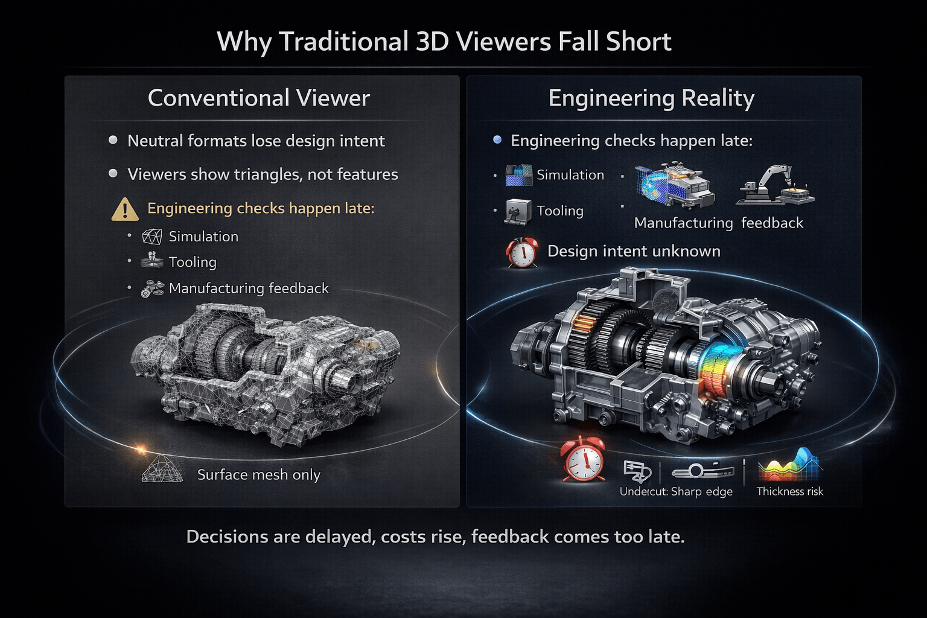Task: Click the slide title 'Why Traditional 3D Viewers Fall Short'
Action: [x=444, y=42]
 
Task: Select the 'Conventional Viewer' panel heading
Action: [x=259, y=98]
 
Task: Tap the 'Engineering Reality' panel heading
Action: [x=651, y=99]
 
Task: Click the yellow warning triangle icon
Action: [x=124, y=209]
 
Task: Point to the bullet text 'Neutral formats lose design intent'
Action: [x=256, y=141]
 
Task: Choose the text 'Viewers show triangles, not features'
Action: [x=263, y=174]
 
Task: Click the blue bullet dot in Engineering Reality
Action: [x=497, y=140]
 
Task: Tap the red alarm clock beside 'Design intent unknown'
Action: [x=522, y=252]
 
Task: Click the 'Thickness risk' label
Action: [x=789, y=491]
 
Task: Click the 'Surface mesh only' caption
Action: [x=259, y=475]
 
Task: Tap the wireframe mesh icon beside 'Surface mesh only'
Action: [x=162, y=469]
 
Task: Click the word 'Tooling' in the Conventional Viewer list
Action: [x=193, y=263]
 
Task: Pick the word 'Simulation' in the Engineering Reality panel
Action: [x=570, y=175]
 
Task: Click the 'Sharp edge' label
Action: [x=702, y=492]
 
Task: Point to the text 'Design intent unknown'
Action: [x=634, y=251]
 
